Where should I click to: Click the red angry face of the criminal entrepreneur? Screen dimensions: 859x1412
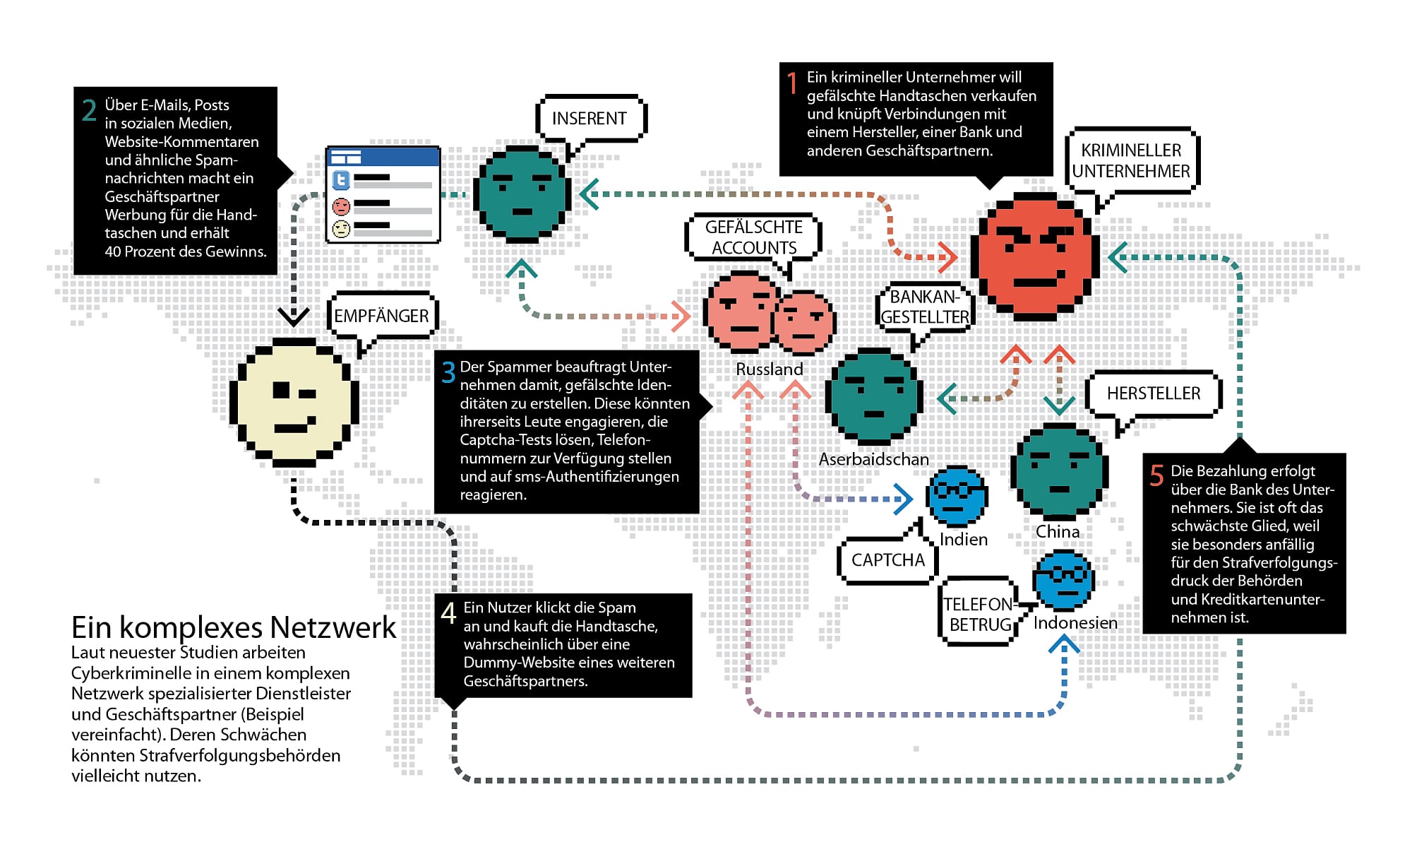click(1035, 256)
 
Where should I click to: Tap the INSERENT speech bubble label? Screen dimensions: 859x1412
click(590, 118)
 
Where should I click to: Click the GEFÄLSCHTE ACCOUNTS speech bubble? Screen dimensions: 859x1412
click(753, 237)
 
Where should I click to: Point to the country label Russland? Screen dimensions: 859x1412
click(769, 369)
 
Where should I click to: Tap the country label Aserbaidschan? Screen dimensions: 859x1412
click(873, 459)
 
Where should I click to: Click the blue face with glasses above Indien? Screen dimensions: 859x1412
click(957, 494)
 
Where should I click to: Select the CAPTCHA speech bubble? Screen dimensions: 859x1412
click(887, 560)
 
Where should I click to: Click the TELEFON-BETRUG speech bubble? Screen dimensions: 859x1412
click(979, 614)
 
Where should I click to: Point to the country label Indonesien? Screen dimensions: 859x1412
click(1075, 623)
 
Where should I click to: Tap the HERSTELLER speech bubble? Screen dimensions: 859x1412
click(1153, 393)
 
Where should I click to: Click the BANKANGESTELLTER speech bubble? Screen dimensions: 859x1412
click(925, 307)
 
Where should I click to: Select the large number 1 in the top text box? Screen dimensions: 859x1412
click(793, 83)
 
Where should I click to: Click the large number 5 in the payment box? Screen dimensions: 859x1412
click(1156, 475)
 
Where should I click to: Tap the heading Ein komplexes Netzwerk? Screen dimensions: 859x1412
click(234, 627)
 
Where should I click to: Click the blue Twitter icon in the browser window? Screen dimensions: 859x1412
click(341, 180)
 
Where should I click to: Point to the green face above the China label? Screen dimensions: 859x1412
click(1059, 471)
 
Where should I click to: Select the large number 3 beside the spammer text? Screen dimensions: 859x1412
click(448, 372)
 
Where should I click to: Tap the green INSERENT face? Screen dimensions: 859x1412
click(522, 194)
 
